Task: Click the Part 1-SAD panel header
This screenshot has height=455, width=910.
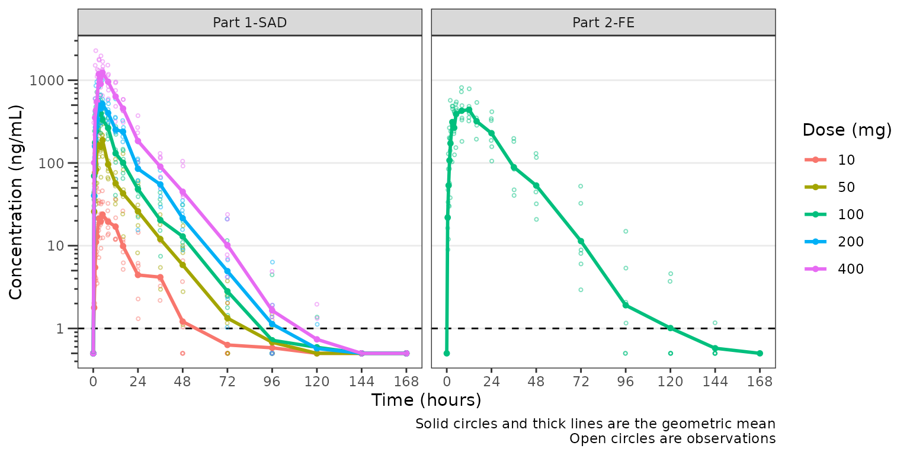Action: pyautogui.click(x=249, y=23)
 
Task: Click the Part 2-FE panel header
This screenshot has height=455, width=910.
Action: pyautogui.click(x=603, y=23)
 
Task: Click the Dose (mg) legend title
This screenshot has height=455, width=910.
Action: pyautogui.click(x=847, y=131)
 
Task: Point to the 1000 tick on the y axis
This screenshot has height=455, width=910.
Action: pyautogui.click(x=55, y=81)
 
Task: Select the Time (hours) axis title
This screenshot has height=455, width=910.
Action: pyautogui.click(x=426, y=400)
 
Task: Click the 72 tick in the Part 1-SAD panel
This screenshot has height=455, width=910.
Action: pyautogui.click(x=227, y=381)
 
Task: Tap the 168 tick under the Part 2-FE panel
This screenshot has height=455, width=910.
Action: pyautogui.click(x=760, y=381)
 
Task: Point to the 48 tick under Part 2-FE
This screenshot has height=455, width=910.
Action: pyautogui.click(x=536, y=381)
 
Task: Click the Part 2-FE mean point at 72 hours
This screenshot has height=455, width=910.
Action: pyautogui.click(x=581, y=241)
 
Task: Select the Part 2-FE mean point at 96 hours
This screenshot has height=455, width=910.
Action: pyautogui.click(x=626, y=306)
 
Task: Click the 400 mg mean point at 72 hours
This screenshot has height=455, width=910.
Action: pyautogui.click(x=227, y=245)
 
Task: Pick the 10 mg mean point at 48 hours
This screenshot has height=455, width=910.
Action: pyautogui.click(x=182, y=322)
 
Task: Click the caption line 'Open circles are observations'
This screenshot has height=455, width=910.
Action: pyautogui.click(x=672, y=439)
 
